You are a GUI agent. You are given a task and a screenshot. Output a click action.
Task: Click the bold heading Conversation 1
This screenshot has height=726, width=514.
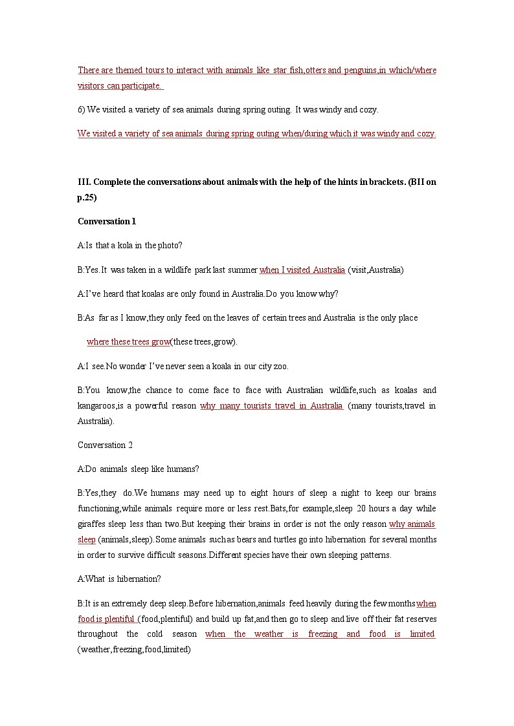point(107,221)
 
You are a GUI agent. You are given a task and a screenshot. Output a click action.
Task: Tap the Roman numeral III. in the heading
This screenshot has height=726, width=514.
point(84,182)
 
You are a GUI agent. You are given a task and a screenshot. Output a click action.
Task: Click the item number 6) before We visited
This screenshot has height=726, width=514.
point(82,110)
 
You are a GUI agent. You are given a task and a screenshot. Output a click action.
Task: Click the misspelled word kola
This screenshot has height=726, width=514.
point(132,245)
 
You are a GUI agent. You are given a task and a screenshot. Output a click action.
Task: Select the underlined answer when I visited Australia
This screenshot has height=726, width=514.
point(302,270)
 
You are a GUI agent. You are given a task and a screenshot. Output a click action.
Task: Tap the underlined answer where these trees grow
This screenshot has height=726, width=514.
point(128,341)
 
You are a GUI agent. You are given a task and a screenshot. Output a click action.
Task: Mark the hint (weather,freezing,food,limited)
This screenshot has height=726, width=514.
point(134,649)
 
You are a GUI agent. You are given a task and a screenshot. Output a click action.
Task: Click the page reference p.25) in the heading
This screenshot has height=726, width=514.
point(87,198)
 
